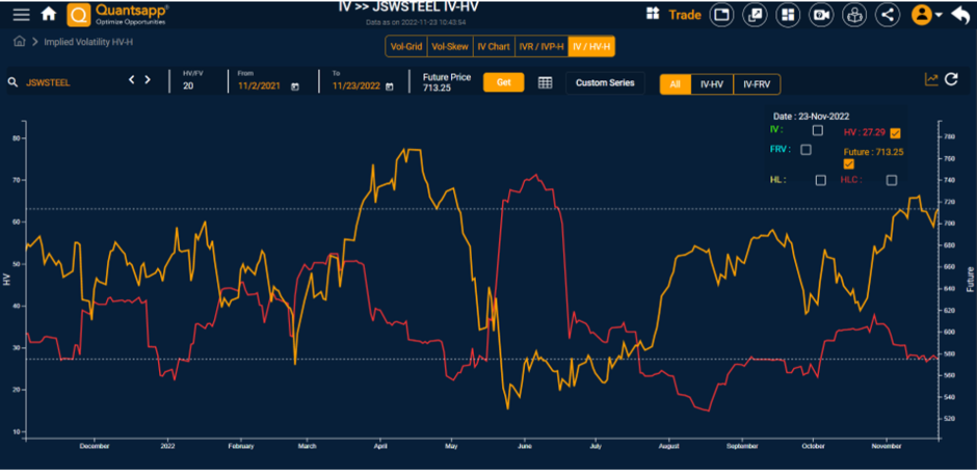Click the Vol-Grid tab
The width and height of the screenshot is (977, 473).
click(406, 47)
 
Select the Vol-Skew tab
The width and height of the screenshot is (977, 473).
click(450, 47)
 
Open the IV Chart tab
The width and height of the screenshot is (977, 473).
click(493, 47)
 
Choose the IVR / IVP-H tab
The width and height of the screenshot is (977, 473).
click(541, 47)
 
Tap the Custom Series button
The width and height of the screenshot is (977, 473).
click(605, 83)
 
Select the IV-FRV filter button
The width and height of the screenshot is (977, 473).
click(756, 84)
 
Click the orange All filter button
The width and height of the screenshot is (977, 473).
click(675, 84)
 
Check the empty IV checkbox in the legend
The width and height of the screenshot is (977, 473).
click(817, 131)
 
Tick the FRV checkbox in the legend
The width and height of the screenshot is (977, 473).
click(806, 150)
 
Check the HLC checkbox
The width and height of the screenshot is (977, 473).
click(891, 180)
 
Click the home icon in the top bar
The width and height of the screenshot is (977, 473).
click(49, 14)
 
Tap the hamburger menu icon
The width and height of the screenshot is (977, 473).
click(21, 14)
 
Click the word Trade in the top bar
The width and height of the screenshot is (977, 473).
click(684, 15)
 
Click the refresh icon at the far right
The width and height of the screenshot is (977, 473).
click(951, 79)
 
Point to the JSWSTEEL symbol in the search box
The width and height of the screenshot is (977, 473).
click(48, 82)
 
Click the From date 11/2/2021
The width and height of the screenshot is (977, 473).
click(259, 86)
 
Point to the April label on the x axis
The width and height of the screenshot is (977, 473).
click(380, 446)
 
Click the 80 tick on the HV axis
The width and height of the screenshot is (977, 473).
click(17, 138)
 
